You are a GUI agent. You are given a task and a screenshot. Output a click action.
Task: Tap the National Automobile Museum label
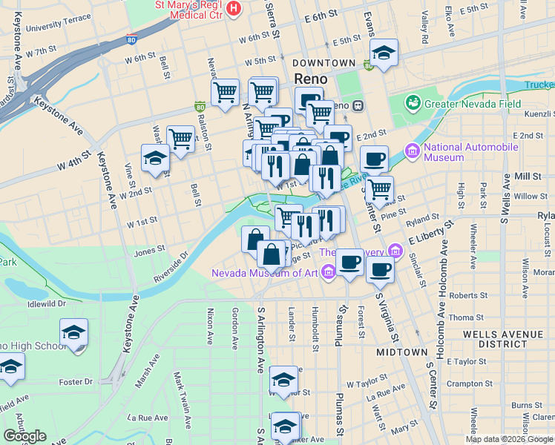point(471,152)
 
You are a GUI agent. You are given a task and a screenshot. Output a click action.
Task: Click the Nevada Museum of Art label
point(264,273)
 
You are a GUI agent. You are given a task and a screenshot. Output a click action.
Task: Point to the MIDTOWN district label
point(401,352)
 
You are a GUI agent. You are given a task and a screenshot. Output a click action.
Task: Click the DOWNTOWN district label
point(324,63)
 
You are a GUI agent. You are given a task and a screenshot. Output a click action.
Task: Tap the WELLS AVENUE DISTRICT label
point(504,339)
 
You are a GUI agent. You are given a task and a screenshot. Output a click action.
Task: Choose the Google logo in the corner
point(24,436)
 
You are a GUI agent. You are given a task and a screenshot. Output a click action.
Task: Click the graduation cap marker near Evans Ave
point(384,53)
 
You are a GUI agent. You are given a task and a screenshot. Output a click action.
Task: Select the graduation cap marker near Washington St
point(155,159)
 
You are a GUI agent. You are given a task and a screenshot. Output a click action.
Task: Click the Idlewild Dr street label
point(46,303)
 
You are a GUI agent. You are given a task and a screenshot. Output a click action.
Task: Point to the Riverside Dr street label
point(171,265)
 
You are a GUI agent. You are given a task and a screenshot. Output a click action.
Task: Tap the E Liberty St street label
point(429,237)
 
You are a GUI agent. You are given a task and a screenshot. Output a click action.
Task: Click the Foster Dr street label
point(77,382)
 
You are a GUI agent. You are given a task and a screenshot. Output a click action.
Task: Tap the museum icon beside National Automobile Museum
point(413,152)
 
